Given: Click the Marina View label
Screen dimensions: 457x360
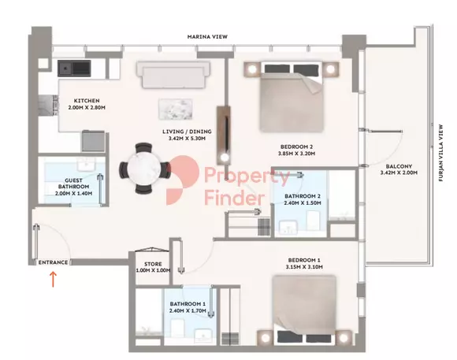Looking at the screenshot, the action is click(x=207, y=37).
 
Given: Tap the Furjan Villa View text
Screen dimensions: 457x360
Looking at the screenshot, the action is click(x=440, y=153).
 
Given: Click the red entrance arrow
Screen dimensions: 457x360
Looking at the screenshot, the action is click(x=53, y=280).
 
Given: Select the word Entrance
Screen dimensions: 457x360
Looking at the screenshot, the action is click(x=53, y=262).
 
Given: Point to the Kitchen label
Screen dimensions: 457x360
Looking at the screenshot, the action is click(x=87, y=101).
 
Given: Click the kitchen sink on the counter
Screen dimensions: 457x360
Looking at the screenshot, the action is click(x=74, y=69).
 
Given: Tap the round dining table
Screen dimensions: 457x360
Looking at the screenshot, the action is click(x=144, y=169).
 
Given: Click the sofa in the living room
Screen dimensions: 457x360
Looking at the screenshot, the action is click(x=173, y=75).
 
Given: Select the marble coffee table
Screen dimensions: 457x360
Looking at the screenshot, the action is click(x=176, y=109).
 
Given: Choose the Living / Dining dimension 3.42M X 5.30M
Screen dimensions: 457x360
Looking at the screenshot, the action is click(x=187, y=139).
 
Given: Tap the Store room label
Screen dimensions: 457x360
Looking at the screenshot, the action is click(x=153, y=264).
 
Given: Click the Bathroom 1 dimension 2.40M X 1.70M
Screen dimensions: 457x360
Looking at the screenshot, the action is click(x=188, y=310).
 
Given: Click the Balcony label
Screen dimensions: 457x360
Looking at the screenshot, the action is click(x=399, y=166).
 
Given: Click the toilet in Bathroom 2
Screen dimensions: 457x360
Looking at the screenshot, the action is click(x=314, y=220).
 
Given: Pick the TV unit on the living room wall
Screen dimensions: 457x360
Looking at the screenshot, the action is click(x=224, y=135).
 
